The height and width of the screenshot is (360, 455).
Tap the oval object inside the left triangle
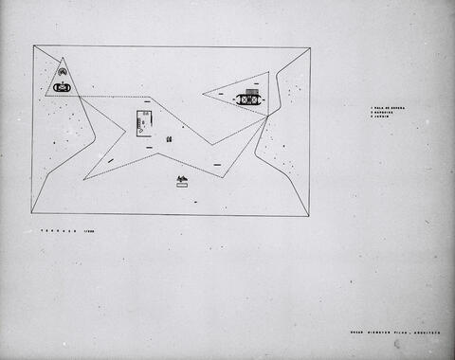[63, 87]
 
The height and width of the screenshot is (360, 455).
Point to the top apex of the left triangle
[64, 58]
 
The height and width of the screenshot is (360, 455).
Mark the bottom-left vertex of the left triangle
[45, 96]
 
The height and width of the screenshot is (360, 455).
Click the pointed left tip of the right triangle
[203, 94]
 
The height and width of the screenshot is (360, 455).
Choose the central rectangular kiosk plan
[145, 122]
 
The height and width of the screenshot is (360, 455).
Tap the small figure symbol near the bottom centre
[182, 180]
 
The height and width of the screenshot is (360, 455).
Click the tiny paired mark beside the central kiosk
[169, 139]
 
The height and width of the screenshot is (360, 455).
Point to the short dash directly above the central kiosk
[147, 99]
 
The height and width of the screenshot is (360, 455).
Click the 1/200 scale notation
[90, 231]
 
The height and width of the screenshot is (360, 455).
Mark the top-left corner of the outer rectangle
[33, 46]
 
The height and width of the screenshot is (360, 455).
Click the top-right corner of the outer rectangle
[311, 47]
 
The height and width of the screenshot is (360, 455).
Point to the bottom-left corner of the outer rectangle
[31, 213]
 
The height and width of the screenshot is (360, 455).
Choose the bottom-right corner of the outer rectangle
[309, 216]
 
